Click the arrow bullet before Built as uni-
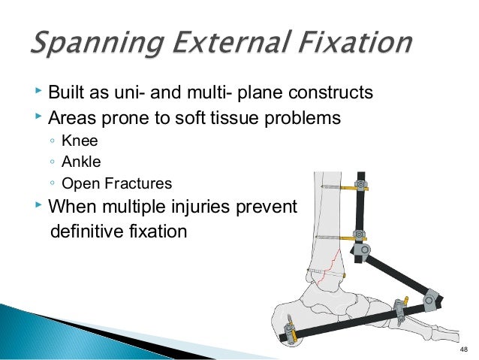[38, 94]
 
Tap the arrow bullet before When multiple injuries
[38, 205]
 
